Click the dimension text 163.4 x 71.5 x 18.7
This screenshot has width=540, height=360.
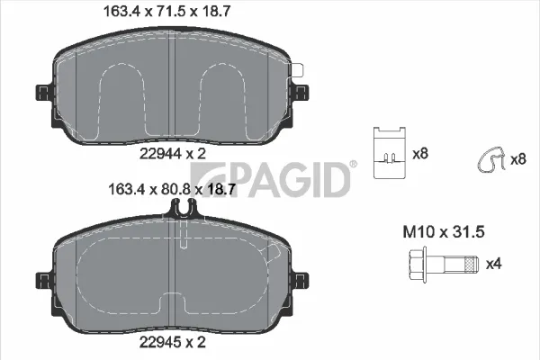[166, 12]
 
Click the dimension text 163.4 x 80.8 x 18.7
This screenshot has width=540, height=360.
[172, 189]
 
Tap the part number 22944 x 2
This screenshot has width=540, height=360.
[173, 153]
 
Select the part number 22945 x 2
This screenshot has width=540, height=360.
[173, 342]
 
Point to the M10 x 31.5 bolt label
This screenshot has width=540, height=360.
[444, 232]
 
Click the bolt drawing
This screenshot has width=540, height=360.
[444, 265]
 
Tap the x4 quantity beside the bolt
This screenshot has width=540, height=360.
[494, 265]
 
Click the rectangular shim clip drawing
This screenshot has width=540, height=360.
[390, 153]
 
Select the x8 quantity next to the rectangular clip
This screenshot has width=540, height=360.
[420, 153]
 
